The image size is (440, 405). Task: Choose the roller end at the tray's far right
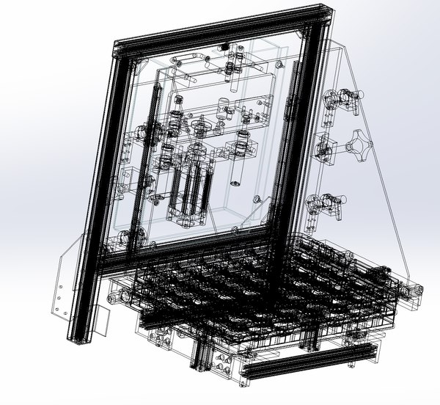pyautogui.click(x=414, y=293)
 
